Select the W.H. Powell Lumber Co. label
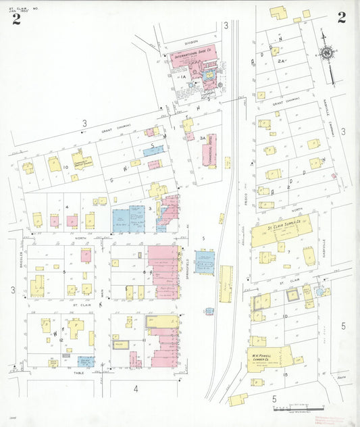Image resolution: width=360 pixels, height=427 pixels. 267,353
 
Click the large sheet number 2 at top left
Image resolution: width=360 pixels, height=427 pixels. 16,18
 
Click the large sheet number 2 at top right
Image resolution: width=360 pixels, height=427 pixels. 342,18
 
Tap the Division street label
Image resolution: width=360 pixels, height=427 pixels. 194,41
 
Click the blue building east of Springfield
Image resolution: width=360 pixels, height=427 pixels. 205,261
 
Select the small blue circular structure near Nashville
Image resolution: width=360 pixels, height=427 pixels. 320,292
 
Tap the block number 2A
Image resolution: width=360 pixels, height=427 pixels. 282,61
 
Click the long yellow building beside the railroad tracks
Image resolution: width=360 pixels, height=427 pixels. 226,283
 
